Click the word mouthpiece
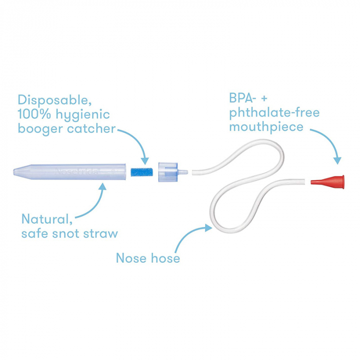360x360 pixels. (x=266, y=127)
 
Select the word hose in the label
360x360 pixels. (x=165, y=257)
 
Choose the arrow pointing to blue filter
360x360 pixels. (x=136, y=144)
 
